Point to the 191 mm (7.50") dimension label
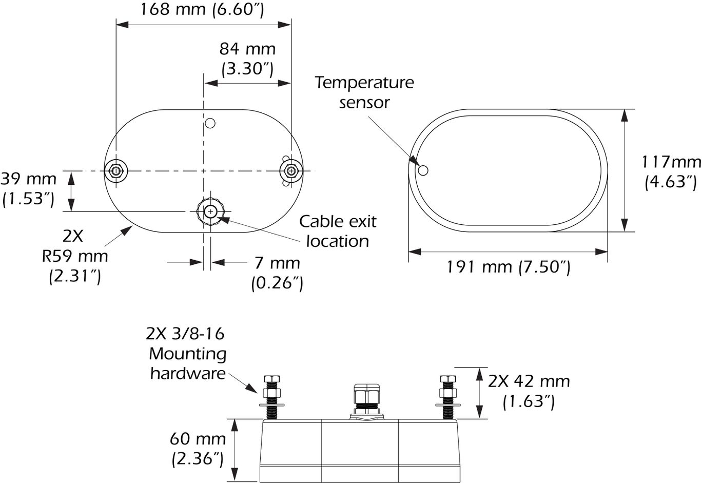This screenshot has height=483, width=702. [508, 267]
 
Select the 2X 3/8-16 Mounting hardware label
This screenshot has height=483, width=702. [187, 354]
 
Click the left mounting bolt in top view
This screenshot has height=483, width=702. [117, 170]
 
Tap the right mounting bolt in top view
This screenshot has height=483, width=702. [291, 170]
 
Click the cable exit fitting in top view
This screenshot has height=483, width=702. [210, 211]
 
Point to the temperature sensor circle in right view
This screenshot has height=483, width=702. [423, 170]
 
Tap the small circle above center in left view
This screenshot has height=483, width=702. [210, 123]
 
